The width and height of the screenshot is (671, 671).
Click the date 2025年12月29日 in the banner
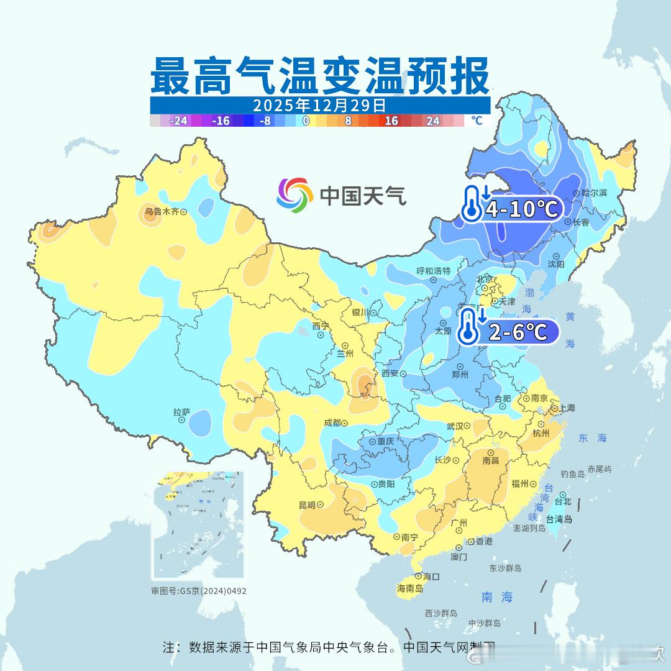tap(319, 104)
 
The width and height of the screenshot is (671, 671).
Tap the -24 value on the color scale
tap(179, 121)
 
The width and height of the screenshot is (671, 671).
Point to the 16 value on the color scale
tap(391, 121)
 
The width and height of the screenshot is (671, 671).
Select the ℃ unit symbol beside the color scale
tap(477, 121)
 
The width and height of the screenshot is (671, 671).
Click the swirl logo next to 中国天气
tap(294, 195)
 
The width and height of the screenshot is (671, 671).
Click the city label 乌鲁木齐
tap(162, 211)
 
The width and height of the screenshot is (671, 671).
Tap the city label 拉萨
tap(181, 412)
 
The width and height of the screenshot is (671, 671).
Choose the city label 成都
tap(332, 423)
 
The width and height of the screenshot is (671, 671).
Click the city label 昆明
tap(307, 504)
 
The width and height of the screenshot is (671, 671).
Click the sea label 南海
tap(497, 597)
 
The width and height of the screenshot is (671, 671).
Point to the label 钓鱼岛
tap(572, 474)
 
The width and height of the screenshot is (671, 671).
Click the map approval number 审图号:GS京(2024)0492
tap(199, 591)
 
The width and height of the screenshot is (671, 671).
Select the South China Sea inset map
tap(198, 526)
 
